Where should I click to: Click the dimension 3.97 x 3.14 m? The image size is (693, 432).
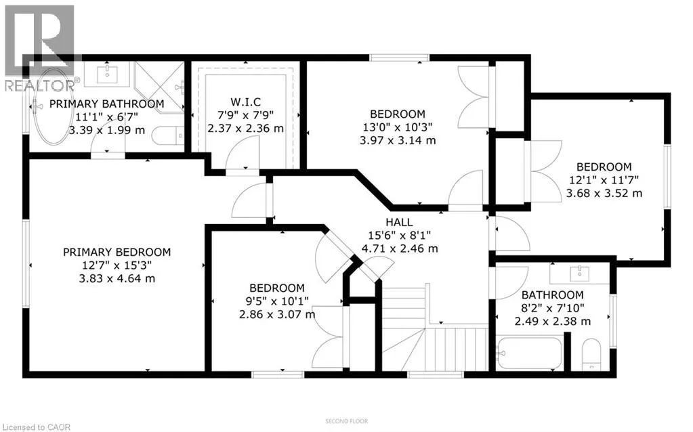coord(398,141)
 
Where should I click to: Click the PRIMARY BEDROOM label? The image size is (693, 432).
coord(117,252)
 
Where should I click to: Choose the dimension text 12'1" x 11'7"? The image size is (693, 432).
coord(604,180)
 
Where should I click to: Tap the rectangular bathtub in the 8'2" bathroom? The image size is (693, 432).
coord(529,352)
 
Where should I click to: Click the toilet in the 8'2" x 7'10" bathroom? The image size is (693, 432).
coord(591,354)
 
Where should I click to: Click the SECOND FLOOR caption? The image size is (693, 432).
coord(346,421)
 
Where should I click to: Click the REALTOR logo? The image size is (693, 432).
coord(38,47)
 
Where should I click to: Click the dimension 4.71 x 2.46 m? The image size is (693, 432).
coord(400,248)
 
